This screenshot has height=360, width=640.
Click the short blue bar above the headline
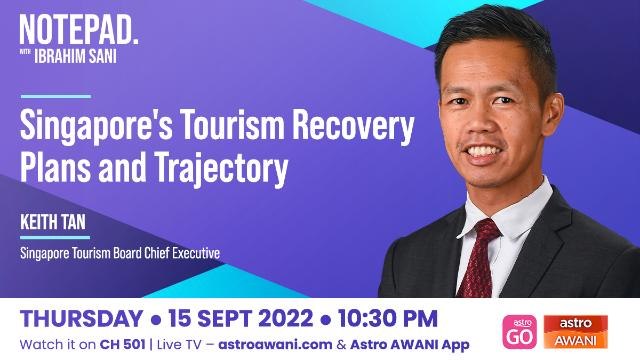click(x=56, y=97)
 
